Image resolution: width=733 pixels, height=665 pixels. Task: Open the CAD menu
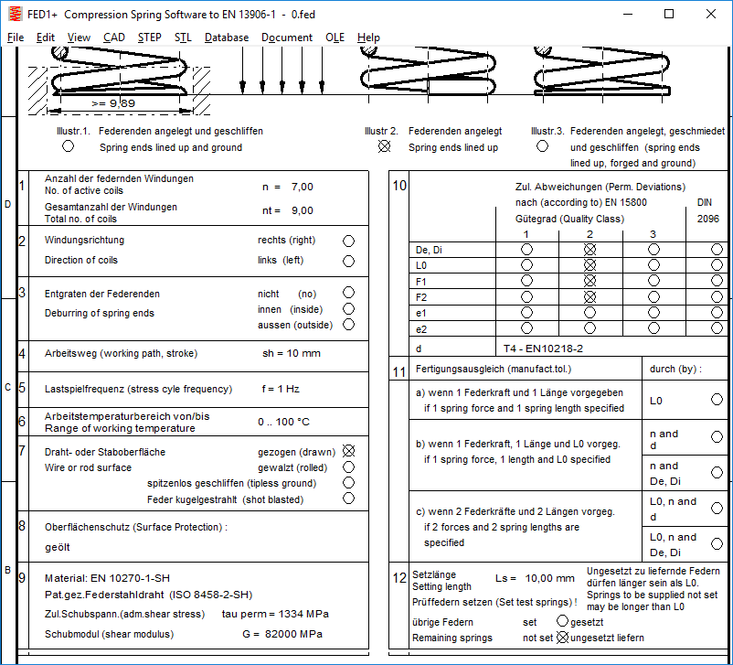[114, 38]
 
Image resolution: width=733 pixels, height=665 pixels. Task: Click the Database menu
[227, 38]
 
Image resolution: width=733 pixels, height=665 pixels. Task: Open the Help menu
[368, 38]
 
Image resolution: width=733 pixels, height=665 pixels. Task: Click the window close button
[710, 14]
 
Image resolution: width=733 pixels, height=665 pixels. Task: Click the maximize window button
[669, 14]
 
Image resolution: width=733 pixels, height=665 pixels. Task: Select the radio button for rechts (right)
[348, 241]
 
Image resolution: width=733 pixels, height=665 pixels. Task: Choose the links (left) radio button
[348, 261]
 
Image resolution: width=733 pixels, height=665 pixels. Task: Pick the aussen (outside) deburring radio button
[348, 325]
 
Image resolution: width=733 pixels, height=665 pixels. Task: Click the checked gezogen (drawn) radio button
[348, 451]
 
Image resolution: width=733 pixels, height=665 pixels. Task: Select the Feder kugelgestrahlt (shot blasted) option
[348, 499]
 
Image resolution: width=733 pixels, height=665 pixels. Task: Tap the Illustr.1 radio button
[68, 146]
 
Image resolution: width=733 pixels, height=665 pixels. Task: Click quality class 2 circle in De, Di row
[590, 250]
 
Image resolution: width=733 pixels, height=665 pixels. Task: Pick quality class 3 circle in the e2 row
[653, 327]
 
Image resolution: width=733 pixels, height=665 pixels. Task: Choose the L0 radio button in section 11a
[717, 400]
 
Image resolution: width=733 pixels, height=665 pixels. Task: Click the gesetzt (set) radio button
[562, 621]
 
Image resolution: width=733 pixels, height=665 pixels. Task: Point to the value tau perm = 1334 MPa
[275, 614]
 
